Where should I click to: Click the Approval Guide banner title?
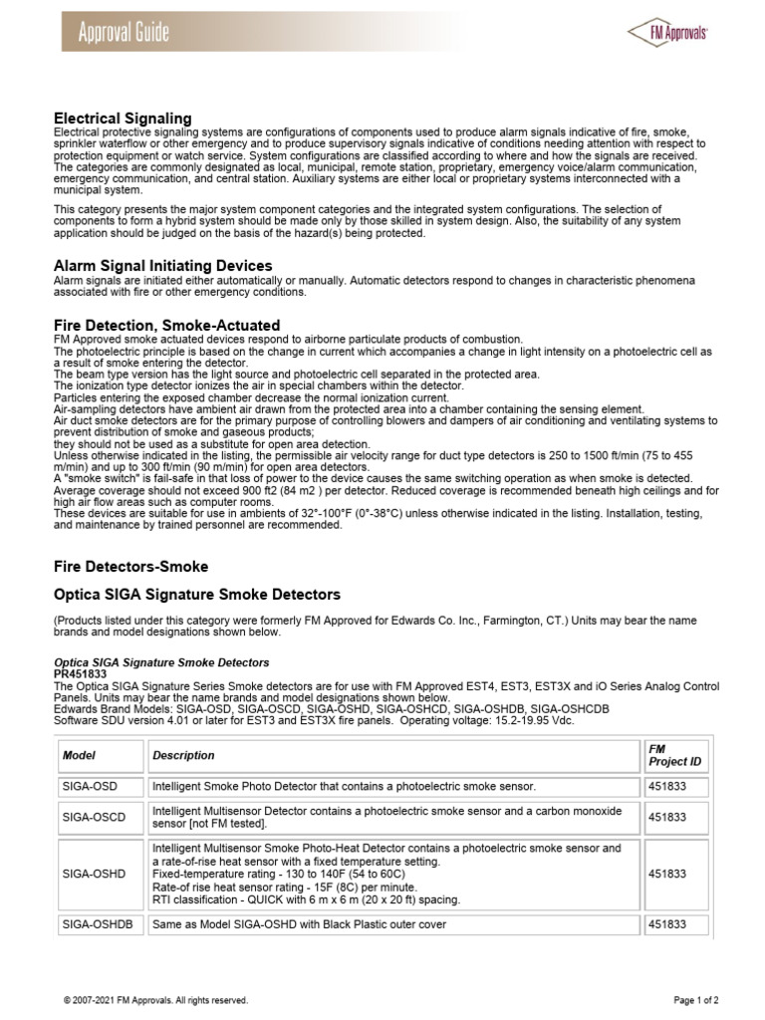[125, 33]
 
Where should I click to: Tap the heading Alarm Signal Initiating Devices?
[162, 266]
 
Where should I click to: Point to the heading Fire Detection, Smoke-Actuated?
[166, 326]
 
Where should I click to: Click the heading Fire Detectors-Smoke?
[130, 566]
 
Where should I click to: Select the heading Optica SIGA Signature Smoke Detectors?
[196, 595]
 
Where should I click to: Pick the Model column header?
[79, 755]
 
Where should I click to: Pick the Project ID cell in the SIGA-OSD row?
[667, 787]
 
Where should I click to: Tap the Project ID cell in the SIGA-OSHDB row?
[667, 924]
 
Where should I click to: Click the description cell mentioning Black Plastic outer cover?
[299, 924]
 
